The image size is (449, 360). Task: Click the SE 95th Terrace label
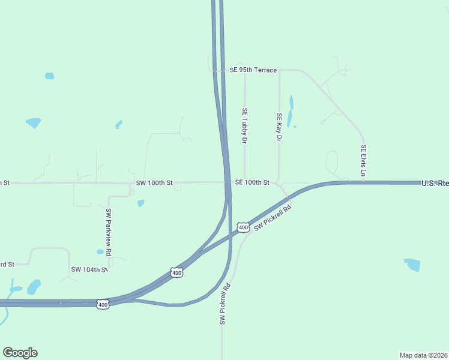253,70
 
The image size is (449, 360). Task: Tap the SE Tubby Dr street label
244,125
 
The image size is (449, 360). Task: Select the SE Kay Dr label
279,127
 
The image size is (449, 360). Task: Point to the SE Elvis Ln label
363,160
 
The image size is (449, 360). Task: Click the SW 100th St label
154,182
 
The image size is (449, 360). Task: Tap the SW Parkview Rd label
109,232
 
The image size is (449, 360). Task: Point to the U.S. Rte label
435,182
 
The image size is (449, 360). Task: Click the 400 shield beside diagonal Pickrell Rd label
243,227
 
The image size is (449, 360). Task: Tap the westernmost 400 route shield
102,304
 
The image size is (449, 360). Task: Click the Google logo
20,353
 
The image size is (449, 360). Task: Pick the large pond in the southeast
412,265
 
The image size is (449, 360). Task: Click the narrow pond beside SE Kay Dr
291,111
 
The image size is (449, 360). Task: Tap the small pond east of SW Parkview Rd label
140,203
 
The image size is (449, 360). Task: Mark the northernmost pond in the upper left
49,76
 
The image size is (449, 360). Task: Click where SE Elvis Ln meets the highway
363,182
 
